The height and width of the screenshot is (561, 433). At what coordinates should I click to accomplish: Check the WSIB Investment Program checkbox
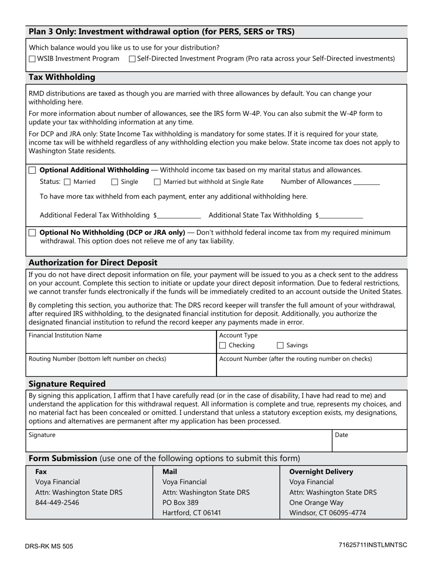[32, 59]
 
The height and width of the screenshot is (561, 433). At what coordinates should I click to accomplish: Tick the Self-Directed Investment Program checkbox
[132, 59]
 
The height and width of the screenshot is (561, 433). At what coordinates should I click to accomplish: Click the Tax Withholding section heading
[62, 77]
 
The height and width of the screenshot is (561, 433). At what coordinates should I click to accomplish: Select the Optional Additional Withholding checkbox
[32, 170]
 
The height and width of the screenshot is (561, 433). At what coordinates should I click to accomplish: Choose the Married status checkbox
[67, 182]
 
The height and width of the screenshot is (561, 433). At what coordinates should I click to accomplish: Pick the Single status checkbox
[115, 182]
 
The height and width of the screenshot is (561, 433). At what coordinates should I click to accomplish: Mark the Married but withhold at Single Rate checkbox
[157, 182]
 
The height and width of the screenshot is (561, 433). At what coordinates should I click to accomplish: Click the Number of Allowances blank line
[366, 182]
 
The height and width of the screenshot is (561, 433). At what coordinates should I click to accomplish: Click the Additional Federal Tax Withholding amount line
[180, 216]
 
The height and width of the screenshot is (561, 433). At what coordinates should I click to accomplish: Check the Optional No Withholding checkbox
[32, 233]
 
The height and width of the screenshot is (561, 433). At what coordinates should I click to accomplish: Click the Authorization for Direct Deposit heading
[93, 263]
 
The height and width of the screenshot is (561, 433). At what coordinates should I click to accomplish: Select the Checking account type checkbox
[222, 346]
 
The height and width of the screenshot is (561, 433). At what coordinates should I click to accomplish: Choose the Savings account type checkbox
[280, 346]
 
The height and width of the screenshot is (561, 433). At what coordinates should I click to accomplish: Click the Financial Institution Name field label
[65, 335]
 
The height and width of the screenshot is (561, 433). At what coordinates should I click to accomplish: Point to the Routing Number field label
[97, 358]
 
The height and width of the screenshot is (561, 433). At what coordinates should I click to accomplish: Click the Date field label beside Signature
[341, 435]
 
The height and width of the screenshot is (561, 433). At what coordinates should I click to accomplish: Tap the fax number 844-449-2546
[57, 503]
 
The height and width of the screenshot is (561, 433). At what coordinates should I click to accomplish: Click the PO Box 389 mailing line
[180, 503]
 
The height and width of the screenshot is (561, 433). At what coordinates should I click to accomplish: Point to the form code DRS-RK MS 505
[49, 546]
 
